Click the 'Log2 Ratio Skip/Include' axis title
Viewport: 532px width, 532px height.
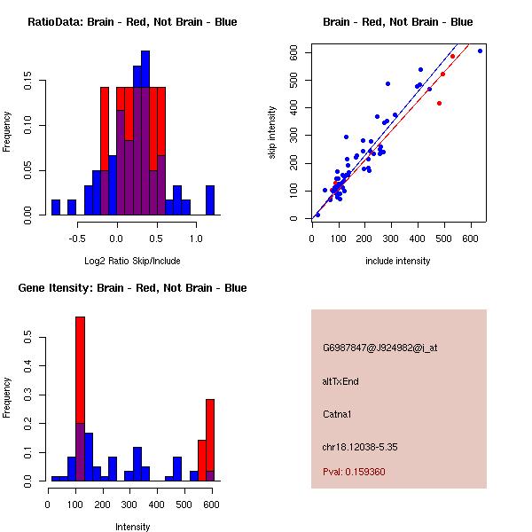132,261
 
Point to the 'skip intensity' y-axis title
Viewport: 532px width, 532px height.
272,133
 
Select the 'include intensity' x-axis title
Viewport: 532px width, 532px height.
398,261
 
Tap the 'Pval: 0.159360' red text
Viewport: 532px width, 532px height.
354,473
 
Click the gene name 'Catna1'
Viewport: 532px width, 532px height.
337,414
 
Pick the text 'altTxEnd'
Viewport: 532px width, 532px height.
340,381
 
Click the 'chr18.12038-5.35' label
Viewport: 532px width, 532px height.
360,447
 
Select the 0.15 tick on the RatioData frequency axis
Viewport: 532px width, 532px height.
29,85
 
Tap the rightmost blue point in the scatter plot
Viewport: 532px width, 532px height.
480,51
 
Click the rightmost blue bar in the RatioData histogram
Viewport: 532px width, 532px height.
210,199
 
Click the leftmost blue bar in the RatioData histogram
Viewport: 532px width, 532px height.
56,207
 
